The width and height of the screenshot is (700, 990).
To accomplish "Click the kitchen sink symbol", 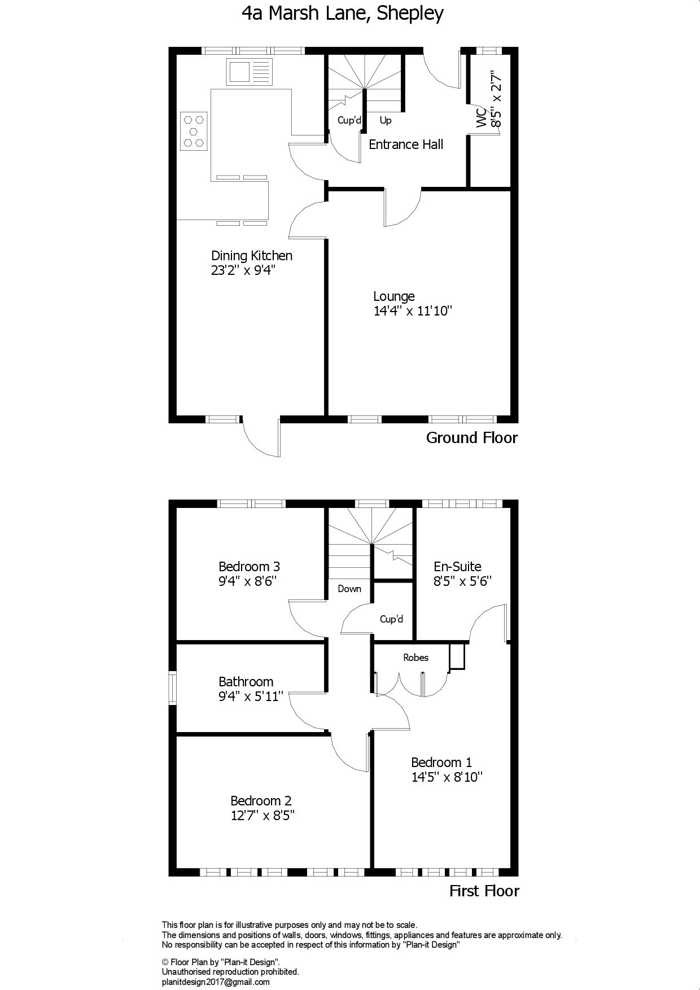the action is pos(250,72).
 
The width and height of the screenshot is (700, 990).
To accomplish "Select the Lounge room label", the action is pos(394,296).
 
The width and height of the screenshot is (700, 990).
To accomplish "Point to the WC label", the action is pos(482,117).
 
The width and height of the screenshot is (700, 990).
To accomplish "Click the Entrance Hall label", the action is pos(406,144).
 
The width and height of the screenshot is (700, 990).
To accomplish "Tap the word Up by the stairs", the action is pos(386,121).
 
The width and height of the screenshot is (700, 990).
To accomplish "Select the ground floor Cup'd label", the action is pos(349,120).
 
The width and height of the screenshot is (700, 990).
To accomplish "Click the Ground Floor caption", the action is pos(472,437).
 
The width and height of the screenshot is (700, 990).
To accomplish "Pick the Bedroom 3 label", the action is pos(249,566).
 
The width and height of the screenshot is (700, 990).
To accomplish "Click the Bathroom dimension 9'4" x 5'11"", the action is pos(251,696).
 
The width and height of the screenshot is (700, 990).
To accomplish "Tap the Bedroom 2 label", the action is pos(261,801).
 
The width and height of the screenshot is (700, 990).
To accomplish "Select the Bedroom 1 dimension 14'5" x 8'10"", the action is pos(447,777).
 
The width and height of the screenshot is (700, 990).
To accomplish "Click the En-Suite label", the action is pos(457,567).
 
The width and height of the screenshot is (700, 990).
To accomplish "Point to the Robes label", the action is pos(415,658).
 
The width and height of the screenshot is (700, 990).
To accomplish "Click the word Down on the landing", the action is pos(349,589).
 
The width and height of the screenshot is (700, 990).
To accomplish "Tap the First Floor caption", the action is pos(484,891).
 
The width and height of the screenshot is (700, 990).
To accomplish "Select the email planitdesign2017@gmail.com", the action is pos(216,982).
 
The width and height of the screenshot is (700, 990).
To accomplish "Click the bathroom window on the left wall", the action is pos(173,687).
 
